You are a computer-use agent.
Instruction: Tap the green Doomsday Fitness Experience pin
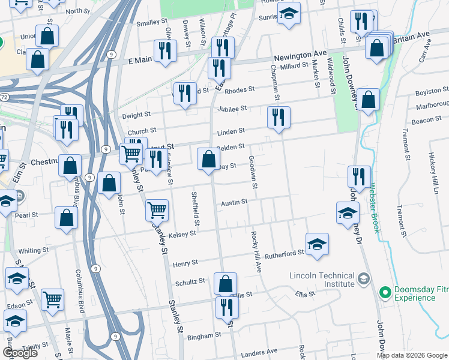coord(385,293)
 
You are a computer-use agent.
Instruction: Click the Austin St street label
coord(234,203)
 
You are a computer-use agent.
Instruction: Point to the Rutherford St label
coord(285,254)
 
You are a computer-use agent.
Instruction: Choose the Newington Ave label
coord(295,57)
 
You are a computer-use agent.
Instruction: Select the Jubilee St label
coord(232,109)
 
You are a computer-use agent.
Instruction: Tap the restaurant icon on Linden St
coord(279,117)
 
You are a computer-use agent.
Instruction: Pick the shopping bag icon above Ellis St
coord(225,283)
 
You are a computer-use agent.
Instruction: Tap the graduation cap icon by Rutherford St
coord(317,244)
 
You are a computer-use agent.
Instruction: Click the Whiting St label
coord(34,251)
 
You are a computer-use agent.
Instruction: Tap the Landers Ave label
coord(263,351)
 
